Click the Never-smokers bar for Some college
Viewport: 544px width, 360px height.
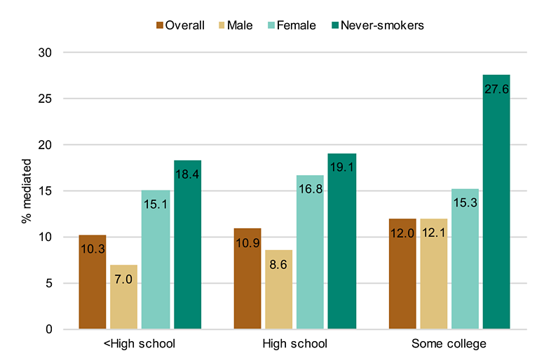pyautogui.click(x=496, y=202)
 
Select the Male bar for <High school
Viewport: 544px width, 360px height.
pyautogui.click(x=124, y=297)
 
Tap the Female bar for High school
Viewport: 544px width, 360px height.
pyautogui.click(x=310, y=252)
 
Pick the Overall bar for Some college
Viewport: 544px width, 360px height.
pyautogui.click(x=402, y=274)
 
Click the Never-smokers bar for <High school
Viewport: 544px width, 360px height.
pyautogui.click(x=188, y=244)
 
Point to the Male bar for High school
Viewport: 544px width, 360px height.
pyautogui.click(x=279, y=289)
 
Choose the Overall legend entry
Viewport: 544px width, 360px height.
pyautogui.click(x=180, y=25)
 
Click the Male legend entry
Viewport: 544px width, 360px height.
pyautogui.click(x=236, y=25)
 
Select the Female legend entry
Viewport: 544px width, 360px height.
pyautogui.click(x=292, y=25)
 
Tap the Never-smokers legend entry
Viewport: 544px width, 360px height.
pyautogui.click(x=378, y=25)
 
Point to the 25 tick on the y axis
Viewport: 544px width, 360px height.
pyautogui.click(x=45, y=99)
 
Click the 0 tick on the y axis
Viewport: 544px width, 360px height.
pyautogui.click(x=48, y=329)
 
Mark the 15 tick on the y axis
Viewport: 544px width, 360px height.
pyautogui.click(x=45, y=191)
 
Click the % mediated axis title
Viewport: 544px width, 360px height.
pyautogui.click(x=27, y=191)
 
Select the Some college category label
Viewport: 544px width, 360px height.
pyautogui.click(x=449, y=344)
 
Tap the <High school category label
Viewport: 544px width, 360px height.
pyautogui.click(x=140, y=344)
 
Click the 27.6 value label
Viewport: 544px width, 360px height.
pyautogui.click(x=496, y=90)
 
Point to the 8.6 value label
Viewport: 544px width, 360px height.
pyautogui.click(x=278, y=265)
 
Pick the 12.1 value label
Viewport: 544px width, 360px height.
pyautogui.click(x=434, y=233)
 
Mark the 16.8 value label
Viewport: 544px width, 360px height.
pyautogui.click(x=311, y=189)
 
